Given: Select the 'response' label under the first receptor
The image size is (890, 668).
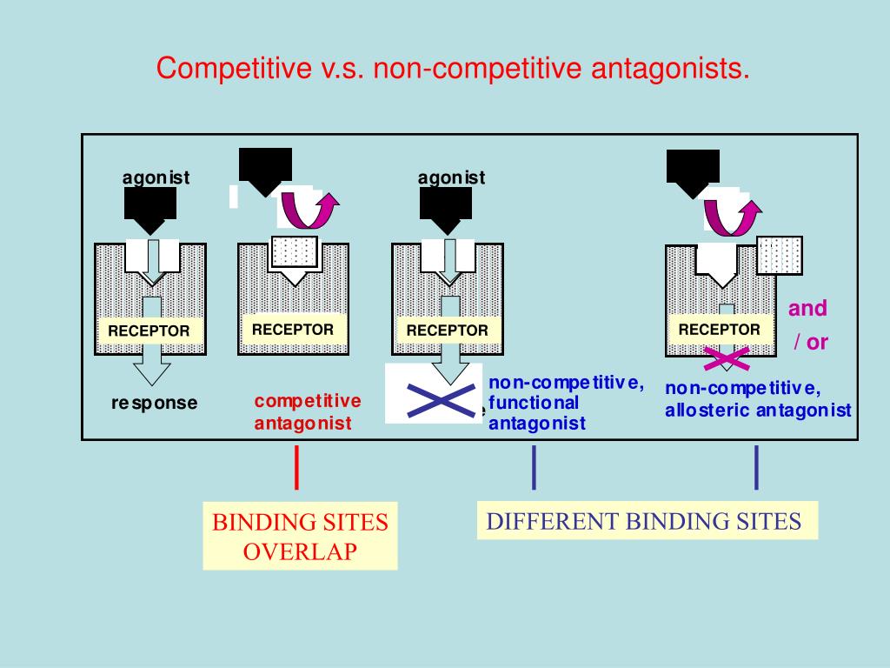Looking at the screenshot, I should coord(155,403).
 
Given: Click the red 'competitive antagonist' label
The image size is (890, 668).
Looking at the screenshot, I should coord(308,412).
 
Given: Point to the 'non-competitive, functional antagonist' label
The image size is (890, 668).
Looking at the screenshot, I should coord(565,404).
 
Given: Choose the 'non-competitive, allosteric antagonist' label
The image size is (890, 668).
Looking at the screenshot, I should coord(758,399).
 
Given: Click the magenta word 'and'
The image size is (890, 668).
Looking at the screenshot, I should coord(807,308).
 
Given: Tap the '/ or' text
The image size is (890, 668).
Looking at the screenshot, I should coord(810,342).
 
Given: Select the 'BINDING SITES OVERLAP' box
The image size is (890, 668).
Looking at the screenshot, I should coord(301,536).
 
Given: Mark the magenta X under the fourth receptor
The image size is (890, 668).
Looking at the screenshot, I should coord(726,357).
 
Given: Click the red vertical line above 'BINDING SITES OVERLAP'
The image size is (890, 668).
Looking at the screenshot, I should coord(298,467).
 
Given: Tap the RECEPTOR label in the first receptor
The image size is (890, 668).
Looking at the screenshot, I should coord(149,331).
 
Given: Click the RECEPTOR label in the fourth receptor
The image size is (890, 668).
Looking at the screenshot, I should coord(719,330).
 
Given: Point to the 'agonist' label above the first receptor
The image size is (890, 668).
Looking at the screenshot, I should coord(156,177).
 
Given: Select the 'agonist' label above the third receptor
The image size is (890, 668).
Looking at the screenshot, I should coord(451,177).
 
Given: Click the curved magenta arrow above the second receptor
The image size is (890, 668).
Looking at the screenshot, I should coord(309,212).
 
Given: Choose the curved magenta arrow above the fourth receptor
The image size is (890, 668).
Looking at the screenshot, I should coord(732,214).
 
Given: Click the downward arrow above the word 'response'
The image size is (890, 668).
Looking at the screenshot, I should coord(153,371).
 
